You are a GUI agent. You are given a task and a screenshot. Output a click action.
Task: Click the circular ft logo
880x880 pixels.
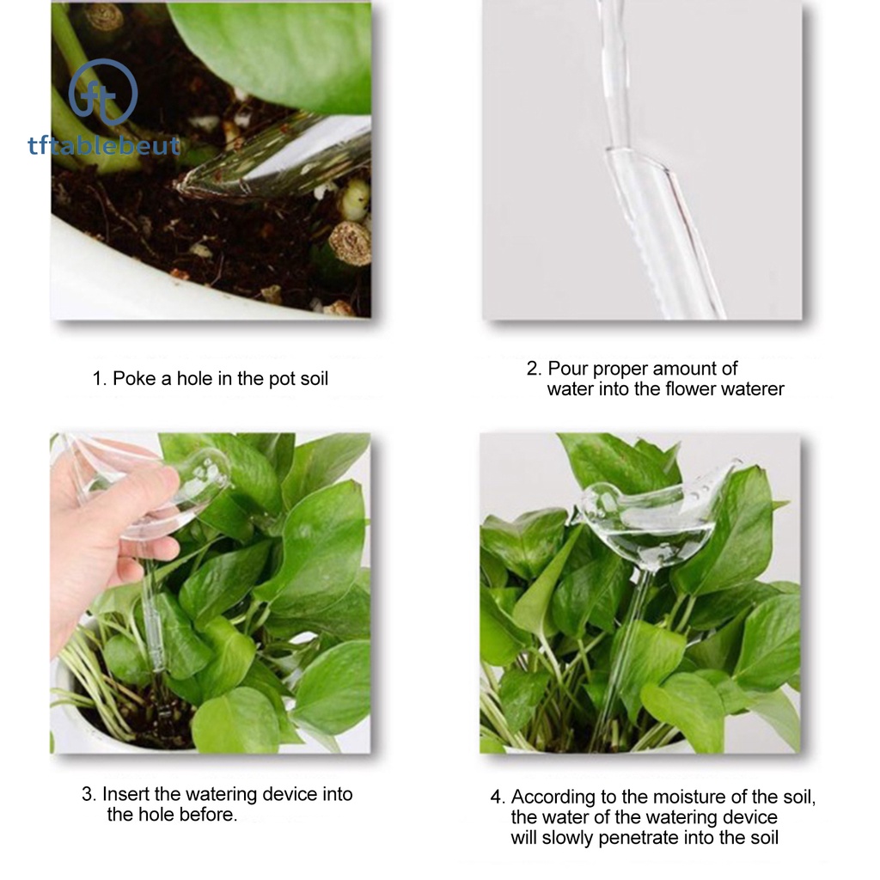[103, 93]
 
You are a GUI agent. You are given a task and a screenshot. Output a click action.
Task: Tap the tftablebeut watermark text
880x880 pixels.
[104, 145]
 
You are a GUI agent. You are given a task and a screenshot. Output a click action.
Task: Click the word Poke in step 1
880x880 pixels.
[134, 378]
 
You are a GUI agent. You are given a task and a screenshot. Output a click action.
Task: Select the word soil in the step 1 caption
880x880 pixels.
[314, 378]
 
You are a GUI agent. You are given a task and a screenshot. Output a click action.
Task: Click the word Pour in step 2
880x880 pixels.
[568, 368]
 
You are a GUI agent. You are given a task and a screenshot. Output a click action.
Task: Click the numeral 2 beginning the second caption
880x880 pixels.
[532, 368]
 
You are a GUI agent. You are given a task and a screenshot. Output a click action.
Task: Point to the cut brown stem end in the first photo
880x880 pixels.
[350, 243]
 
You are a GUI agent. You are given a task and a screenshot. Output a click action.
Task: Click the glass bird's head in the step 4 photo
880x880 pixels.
[596, 498]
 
